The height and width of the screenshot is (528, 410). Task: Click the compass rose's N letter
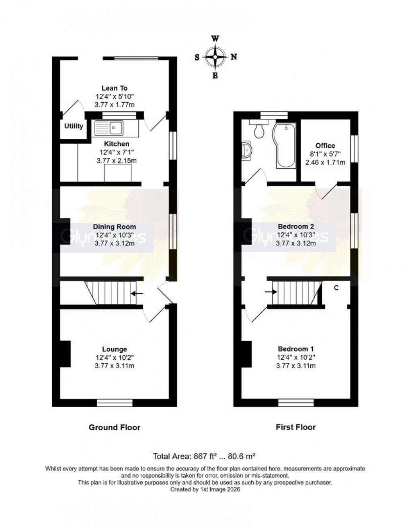[x=234, y=57]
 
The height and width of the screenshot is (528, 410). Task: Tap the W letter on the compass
[x=215, y=39]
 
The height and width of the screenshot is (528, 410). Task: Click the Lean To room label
[x=115, y=88]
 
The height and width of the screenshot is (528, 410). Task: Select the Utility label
[x=74, y=126]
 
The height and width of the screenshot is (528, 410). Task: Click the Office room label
[x=325, y=146]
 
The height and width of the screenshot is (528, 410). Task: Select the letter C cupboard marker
[x=336, y=287]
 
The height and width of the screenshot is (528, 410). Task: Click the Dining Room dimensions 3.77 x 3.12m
[x=115, y=243]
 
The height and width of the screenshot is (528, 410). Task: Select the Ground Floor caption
[x=115, y=427]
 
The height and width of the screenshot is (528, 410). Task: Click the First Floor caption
[x=296, y=427]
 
